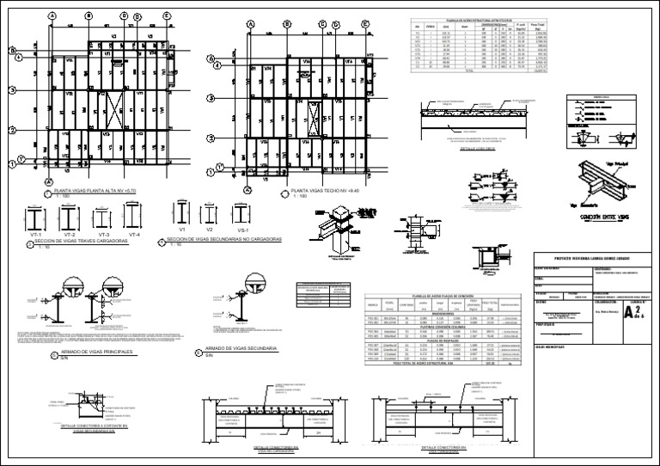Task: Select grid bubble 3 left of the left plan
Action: [x=12, y=89]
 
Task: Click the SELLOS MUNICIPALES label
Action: [x=550, y=346]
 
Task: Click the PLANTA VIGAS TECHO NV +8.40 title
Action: [x=324, y=190]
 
